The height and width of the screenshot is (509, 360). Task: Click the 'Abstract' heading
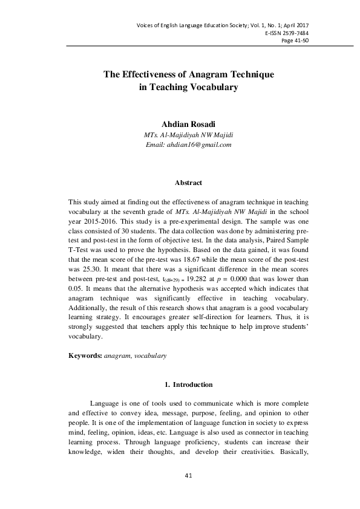[x=188, y=183]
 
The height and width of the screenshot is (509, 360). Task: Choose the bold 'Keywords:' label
[x=85, y=357]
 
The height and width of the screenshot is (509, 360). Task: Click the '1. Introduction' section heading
[x=188, y=384]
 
